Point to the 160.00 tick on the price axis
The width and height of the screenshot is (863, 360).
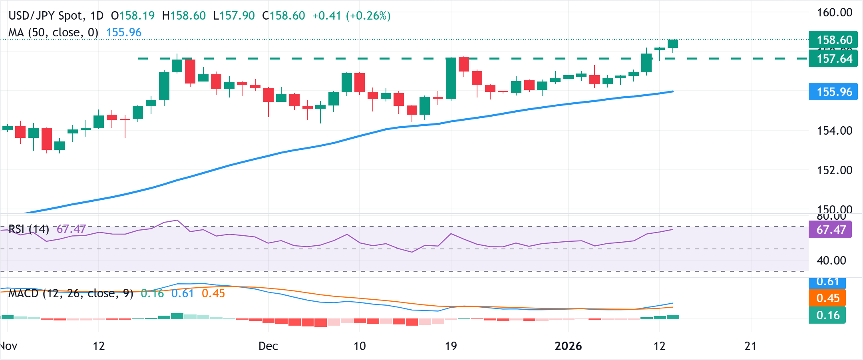point(834,12)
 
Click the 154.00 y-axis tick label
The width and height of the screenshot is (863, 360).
point(834,131)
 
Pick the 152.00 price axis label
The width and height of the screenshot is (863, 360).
point(834,170)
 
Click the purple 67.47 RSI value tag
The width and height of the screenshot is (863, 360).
point(830,230)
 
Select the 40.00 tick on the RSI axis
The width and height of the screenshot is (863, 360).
point(831,261)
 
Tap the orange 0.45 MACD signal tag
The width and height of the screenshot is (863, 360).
point(827,298)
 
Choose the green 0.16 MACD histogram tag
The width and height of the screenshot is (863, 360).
point(827,315)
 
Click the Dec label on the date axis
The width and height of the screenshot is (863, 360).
point(268,346)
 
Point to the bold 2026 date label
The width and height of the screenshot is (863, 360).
point(568,346)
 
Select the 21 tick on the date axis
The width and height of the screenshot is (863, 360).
point(750,346)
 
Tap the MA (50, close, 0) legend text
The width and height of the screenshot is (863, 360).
point(53,32)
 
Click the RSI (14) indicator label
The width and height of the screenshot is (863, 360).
point(29,229)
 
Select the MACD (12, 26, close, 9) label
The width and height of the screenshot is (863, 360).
point(71,293)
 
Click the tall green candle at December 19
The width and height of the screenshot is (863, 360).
point(451,78)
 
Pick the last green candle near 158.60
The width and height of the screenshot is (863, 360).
point(673,44)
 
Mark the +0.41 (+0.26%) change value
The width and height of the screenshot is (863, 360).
point(351,16)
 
